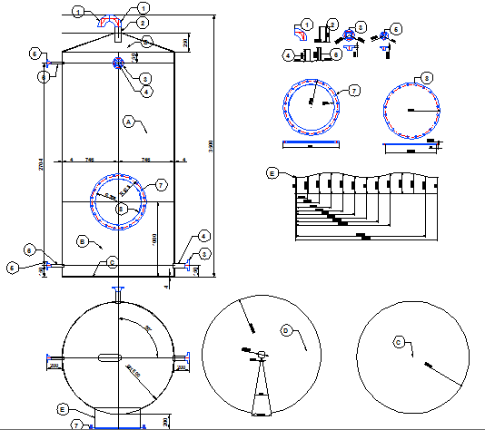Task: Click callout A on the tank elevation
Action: (128, 120)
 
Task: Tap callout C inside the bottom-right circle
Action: (398, 342)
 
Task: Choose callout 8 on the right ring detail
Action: (427, 78)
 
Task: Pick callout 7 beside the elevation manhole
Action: (160, 185)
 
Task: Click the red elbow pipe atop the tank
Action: (108, 19)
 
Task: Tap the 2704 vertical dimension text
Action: (43, 167)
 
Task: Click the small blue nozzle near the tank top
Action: (120, 63)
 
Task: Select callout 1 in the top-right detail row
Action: (307, 23)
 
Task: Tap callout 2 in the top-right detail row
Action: (332, 23)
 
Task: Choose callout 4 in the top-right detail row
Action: (286, 55)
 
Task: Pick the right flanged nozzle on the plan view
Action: (182, 365)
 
